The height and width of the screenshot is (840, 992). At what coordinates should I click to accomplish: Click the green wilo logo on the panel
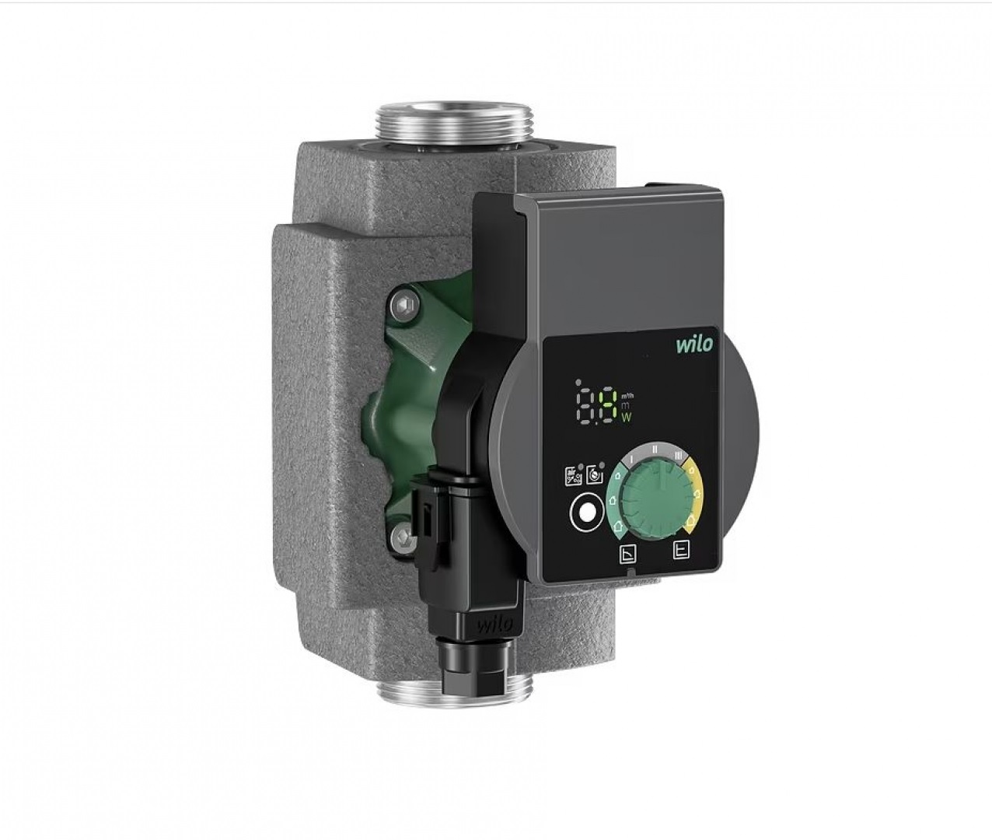[x=693, y=344]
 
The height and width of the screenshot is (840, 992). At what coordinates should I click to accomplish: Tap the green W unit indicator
[x=627, y=418]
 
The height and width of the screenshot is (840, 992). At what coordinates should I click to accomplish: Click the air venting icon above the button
[x=572, y=476]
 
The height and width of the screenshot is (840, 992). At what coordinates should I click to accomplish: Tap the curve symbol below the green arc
[x=627, y=555]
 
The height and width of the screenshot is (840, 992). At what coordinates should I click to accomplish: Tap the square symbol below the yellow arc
[x=682, y=550]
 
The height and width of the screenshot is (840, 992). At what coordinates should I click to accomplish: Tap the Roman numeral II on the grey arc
[x=655, y=449]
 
